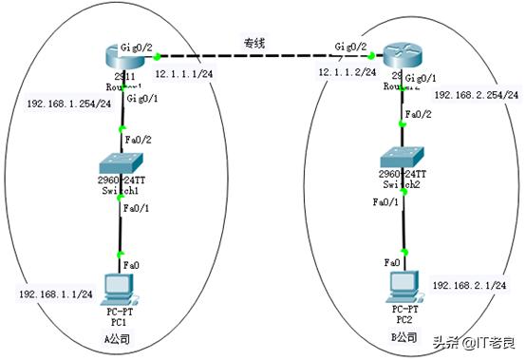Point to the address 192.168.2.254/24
476,96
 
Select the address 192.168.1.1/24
55,294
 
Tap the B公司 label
404,336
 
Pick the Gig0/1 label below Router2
421,78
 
